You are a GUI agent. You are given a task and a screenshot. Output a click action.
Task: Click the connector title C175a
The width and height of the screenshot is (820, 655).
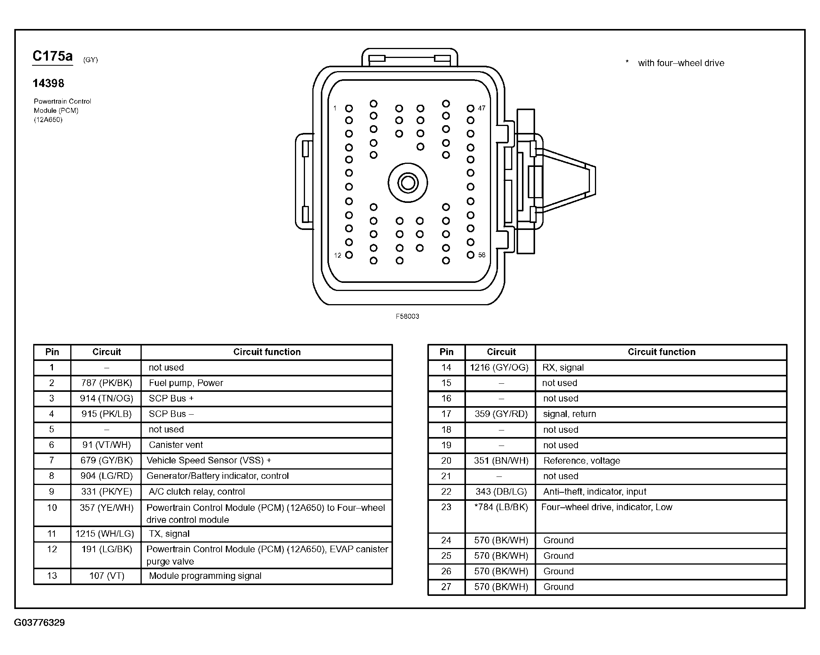point(53,56)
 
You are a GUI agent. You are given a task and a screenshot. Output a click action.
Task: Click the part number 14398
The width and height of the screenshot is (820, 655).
point(48,83)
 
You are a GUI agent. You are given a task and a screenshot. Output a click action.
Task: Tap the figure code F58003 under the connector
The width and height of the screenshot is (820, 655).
point(407,316)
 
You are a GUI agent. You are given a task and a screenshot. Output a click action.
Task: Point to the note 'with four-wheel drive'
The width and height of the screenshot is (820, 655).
point(681,63)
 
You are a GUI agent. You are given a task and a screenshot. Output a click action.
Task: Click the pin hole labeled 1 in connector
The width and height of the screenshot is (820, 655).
point(349,109)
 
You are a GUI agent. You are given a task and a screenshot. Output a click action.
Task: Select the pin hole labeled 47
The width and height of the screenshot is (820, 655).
point(470,109)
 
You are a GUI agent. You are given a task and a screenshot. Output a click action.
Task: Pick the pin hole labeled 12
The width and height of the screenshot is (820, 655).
point(349,255)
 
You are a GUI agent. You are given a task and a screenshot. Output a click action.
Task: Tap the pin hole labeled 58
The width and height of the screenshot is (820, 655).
point(470,255)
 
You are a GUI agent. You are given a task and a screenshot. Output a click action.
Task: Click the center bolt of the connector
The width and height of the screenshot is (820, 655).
point(408,183)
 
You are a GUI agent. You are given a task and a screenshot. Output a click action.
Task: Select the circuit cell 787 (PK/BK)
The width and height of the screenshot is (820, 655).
point(107,383)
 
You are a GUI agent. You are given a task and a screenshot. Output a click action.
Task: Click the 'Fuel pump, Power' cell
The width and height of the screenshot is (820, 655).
point(186,383)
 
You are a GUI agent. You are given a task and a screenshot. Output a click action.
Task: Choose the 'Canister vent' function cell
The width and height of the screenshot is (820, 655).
point(176,445)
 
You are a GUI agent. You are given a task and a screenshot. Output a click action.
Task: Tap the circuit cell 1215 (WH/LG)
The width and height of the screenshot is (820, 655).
point(105,534)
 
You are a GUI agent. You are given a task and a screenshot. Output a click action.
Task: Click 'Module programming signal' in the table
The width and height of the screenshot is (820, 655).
point(205,576)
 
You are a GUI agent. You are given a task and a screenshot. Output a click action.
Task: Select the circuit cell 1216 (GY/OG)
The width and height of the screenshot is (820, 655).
point(499,367)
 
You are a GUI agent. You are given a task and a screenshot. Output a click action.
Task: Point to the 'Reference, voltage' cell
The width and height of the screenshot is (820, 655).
point(581,461)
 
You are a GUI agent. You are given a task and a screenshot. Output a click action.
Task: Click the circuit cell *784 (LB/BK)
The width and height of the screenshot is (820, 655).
point(501,507)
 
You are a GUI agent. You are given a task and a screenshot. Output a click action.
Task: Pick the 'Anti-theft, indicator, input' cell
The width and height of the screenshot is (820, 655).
point(595,492)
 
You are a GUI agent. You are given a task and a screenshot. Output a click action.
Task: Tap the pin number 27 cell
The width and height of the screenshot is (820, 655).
point(446,587)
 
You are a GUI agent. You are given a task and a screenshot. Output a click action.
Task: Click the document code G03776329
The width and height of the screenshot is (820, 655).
point(39,623)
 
